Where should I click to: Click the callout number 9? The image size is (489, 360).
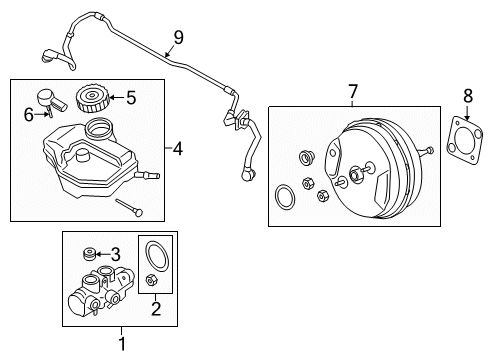point(179,38)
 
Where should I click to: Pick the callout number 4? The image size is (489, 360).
point(179,149)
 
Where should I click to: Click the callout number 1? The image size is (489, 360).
point(122,344)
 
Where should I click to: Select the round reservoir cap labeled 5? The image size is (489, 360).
point(90,99)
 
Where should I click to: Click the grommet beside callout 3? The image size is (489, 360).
point(88,254)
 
